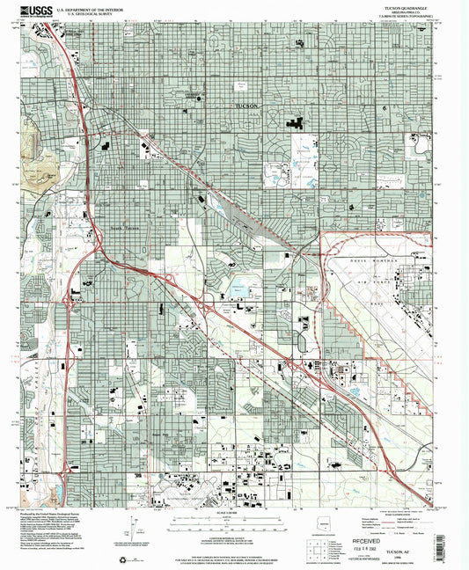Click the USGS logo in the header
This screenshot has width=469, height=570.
[33, 11]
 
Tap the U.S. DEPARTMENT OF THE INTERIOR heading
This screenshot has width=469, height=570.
[97, 8]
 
